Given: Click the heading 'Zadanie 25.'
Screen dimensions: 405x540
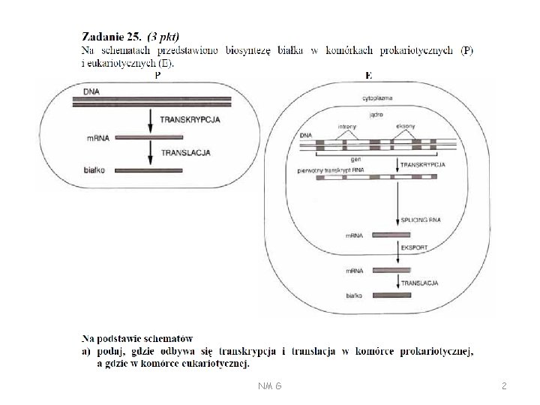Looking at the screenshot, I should coord(112,35).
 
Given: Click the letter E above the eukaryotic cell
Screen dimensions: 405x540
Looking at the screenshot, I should coord(369,75).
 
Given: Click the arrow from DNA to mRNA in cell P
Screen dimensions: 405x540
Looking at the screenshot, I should coord(151,120).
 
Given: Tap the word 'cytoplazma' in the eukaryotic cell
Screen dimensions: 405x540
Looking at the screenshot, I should coord(376,97).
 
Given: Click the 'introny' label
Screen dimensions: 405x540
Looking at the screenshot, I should coord(347,127).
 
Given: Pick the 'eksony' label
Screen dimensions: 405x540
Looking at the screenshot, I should coord(406,127).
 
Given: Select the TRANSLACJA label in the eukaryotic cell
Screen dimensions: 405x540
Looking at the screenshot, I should coord(420,283).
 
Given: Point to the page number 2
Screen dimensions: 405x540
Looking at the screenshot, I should coord(504,385).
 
